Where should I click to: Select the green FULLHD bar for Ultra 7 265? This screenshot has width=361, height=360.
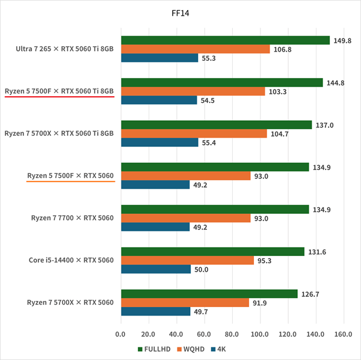click(225, 40)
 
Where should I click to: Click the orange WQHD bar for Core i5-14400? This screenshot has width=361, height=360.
click(187, 260)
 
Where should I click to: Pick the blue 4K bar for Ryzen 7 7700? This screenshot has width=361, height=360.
click(155, 227)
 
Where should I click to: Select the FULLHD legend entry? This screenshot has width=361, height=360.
click(155, 349)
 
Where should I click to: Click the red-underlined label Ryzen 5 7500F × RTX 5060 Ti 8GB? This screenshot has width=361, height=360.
click(58, 91)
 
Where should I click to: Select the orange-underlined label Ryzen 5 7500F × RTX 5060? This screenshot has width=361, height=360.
click(70, 175)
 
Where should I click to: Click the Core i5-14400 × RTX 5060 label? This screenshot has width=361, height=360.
click(71, 260)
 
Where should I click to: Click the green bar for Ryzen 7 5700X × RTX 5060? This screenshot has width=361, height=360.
click(209, 294)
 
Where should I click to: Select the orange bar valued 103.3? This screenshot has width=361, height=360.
click(193, 91)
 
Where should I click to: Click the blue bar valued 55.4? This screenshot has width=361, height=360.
click(159, 142)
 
